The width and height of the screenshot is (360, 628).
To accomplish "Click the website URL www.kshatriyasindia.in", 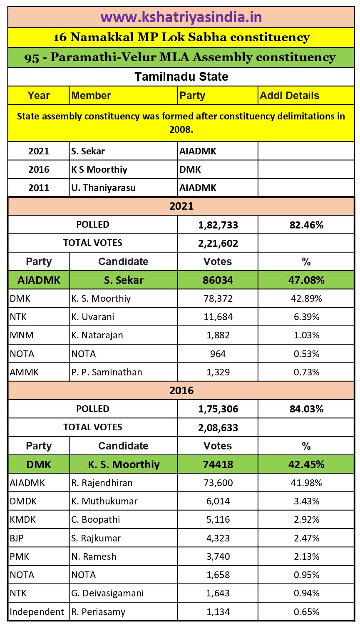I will tap(181, 17).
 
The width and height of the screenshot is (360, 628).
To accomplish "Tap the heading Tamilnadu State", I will tap(181, 77).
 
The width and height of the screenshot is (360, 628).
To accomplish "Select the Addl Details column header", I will tap(289, 96).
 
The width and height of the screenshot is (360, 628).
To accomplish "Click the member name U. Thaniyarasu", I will tap(103, 188).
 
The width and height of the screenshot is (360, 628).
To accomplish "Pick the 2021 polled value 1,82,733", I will tap(218, 225).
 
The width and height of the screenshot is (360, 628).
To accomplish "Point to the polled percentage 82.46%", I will tap(306, 225).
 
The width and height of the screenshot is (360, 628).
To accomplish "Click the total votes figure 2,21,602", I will tap(218, 243).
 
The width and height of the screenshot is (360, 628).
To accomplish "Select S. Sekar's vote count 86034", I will tap(218, 280).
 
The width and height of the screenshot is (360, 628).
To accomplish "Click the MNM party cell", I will tap(22, 335).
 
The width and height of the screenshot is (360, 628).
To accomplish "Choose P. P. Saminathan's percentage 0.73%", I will tap(306, 372).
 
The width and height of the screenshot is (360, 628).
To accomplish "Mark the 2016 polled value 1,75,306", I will tap(218, 409).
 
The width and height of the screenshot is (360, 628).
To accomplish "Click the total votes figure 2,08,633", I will tap(218, 428).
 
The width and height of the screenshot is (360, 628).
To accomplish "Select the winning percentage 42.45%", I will tap(306, 464).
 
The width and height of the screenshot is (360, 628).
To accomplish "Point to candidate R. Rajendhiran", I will tap(102, 483).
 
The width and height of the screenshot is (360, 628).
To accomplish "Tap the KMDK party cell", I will tap(23, 519).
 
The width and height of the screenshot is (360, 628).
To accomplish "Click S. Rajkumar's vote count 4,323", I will tap(218, 538).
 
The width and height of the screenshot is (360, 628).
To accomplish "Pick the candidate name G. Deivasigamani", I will tap(107, 593).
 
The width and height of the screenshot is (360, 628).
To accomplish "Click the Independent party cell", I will tap(37, 612).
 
